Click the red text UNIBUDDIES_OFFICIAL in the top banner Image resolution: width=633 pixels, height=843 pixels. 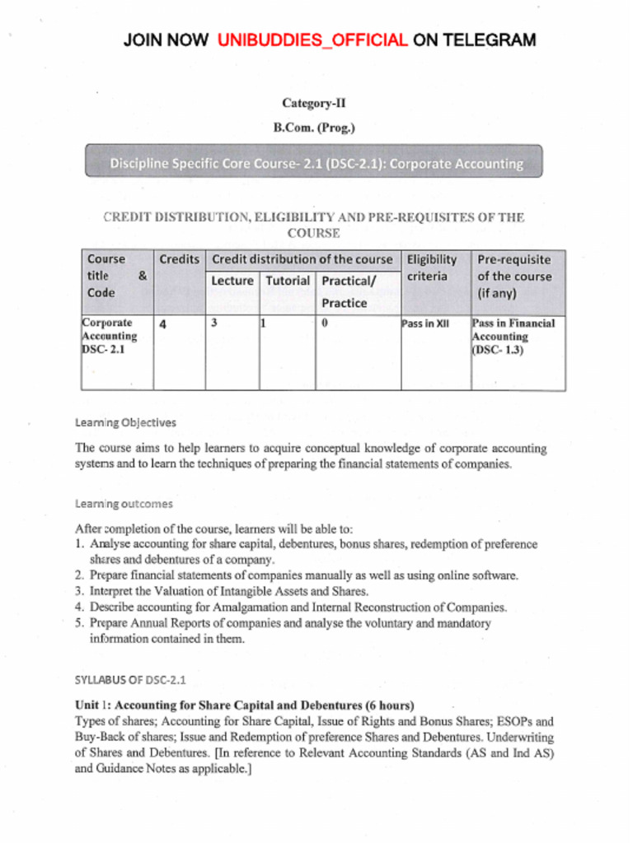coord(312,40)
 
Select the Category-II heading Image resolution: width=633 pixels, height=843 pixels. coord(314,103)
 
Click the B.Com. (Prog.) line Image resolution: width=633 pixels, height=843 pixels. coord(314,128)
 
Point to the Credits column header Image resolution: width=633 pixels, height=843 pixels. coord(179,259)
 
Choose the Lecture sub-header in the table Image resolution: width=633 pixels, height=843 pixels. coord(232,281)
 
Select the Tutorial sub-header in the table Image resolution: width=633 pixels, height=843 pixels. coord(287,281)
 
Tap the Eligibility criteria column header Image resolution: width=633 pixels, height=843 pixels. coord(431,268)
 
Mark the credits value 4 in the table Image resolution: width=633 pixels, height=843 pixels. coord(163,324)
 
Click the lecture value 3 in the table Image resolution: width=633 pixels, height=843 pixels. coord(214,323)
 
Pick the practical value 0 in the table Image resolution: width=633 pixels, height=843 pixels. coord(325,323)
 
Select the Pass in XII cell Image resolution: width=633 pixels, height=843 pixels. coord(425,324)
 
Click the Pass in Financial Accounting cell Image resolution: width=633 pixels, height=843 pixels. coord(513,336)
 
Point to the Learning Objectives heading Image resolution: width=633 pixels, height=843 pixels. coord(125,422)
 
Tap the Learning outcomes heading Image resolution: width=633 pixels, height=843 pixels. coord(124,503)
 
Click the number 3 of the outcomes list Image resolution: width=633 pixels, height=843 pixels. coord(78,591)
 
